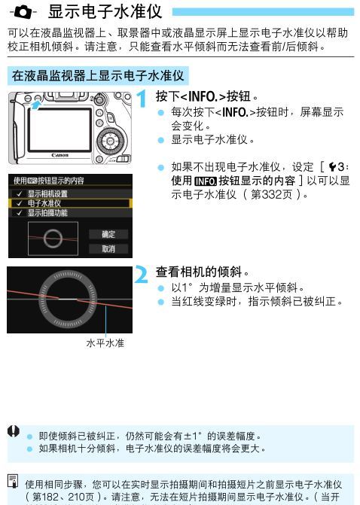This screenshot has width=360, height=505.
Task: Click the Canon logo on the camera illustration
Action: point(59,155)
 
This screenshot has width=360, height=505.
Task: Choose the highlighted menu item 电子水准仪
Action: point(46,203)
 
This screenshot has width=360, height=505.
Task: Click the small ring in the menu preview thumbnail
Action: point(53,239)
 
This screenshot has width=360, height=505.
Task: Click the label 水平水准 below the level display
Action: point(105,343)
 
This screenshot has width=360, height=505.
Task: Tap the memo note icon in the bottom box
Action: point(13,480)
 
